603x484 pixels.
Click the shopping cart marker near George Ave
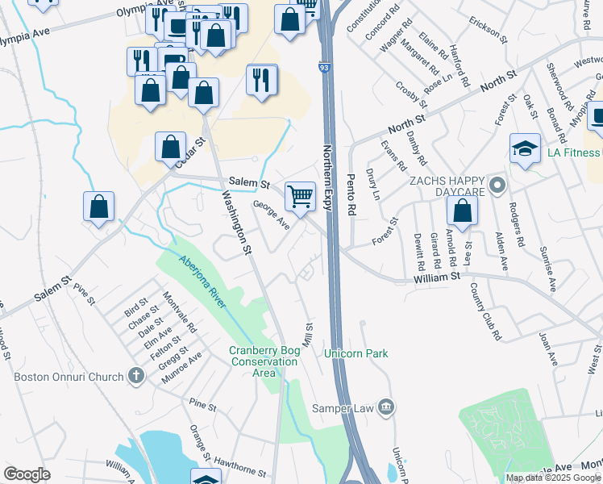(x=300, y=195)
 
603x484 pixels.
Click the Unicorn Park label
(x=356, y=353)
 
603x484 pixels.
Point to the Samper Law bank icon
(x=387, y=407)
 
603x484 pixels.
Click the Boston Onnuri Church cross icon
(x=136, y=376)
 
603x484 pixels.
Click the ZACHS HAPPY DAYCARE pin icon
(x=497, y=186)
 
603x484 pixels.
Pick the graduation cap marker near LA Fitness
(x=525, y=149)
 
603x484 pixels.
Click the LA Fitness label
(x=569, y=153)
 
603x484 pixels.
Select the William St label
(x=436, y=276)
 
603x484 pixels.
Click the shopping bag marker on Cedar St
(x=170, y=148)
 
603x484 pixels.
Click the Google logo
(x=27, y=474)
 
